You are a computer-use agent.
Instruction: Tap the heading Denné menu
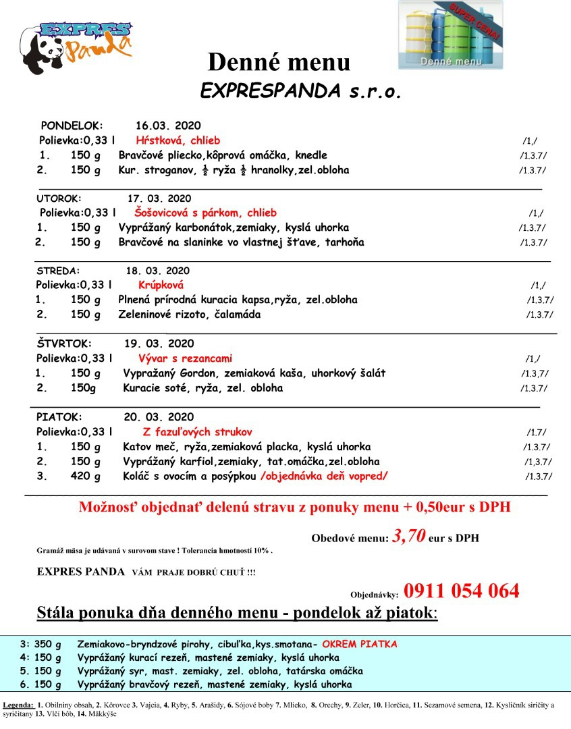click(x=279, y=62)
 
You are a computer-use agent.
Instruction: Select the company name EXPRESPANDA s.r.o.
click(x=300, y=92)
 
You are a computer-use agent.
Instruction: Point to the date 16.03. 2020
click(x=168, y=126)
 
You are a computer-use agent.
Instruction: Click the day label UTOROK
click(x=58, y=198)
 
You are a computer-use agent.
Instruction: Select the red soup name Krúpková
click(x=161, y=285)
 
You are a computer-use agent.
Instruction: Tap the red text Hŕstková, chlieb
click(x=178, y=140)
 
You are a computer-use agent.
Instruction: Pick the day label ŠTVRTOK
click(x=63, y=344)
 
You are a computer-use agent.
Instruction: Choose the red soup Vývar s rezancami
click(x=185, y=358)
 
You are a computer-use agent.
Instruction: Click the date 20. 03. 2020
click(x=158, y=417)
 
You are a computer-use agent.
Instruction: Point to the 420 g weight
click(x=85, y=477)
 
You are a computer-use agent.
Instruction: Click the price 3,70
click(x=409, y=537)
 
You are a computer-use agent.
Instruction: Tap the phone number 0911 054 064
click(x=462, y=591)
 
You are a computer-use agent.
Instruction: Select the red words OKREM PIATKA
click(x=359, y=644)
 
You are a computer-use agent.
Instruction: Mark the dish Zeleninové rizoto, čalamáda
click(x=189, y=315)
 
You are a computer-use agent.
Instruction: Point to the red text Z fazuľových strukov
click(x=197, y=432)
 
